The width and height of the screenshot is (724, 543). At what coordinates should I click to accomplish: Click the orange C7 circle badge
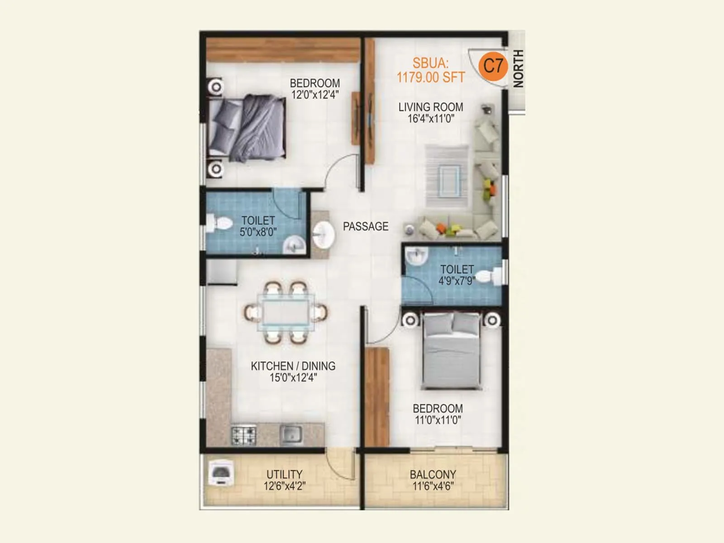pyautogui.click(x=493, y=66)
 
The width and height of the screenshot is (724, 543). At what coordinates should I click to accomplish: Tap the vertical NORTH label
pyautogui.click(x=518, y=69)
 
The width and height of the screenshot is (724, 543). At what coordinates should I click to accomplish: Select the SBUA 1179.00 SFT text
pyautogui.click(x=431, y=71)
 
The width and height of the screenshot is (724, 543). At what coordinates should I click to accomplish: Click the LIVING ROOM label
pyautogui.click(x=431, y=107)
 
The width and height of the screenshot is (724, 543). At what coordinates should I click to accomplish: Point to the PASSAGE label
pyautogui.click(x=366, y=226)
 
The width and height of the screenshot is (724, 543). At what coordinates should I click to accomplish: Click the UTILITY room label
pyautogui.click(x=284, y=474)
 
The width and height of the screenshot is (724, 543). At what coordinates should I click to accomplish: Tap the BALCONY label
pyautogui.click(x=433, y=475)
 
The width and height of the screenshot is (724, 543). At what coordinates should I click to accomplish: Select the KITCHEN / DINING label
pyautogui.click(x=293, y=366)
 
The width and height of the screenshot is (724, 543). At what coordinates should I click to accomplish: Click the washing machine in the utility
pyautogui.click(x=221, y=473)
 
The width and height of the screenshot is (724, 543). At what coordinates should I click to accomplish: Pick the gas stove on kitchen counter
pyautogui.click(x=244, y=435)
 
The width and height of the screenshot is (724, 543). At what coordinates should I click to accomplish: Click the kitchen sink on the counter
pyautogui.click(x=291, y=434)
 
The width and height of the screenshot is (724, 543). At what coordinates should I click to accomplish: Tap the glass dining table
pyautogui.click(x=286, y=312)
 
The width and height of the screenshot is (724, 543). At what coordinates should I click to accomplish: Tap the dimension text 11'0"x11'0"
pyautogui.click(x=438, y=420)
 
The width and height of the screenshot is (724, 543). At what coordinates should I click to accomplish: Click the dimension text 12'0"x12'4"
pyautogui.click(x=315, y=95)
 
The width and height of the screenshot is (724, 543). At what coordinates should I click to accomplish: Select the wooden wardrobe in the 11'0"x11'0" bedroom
pyautogui.click(x=377, y=396)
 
